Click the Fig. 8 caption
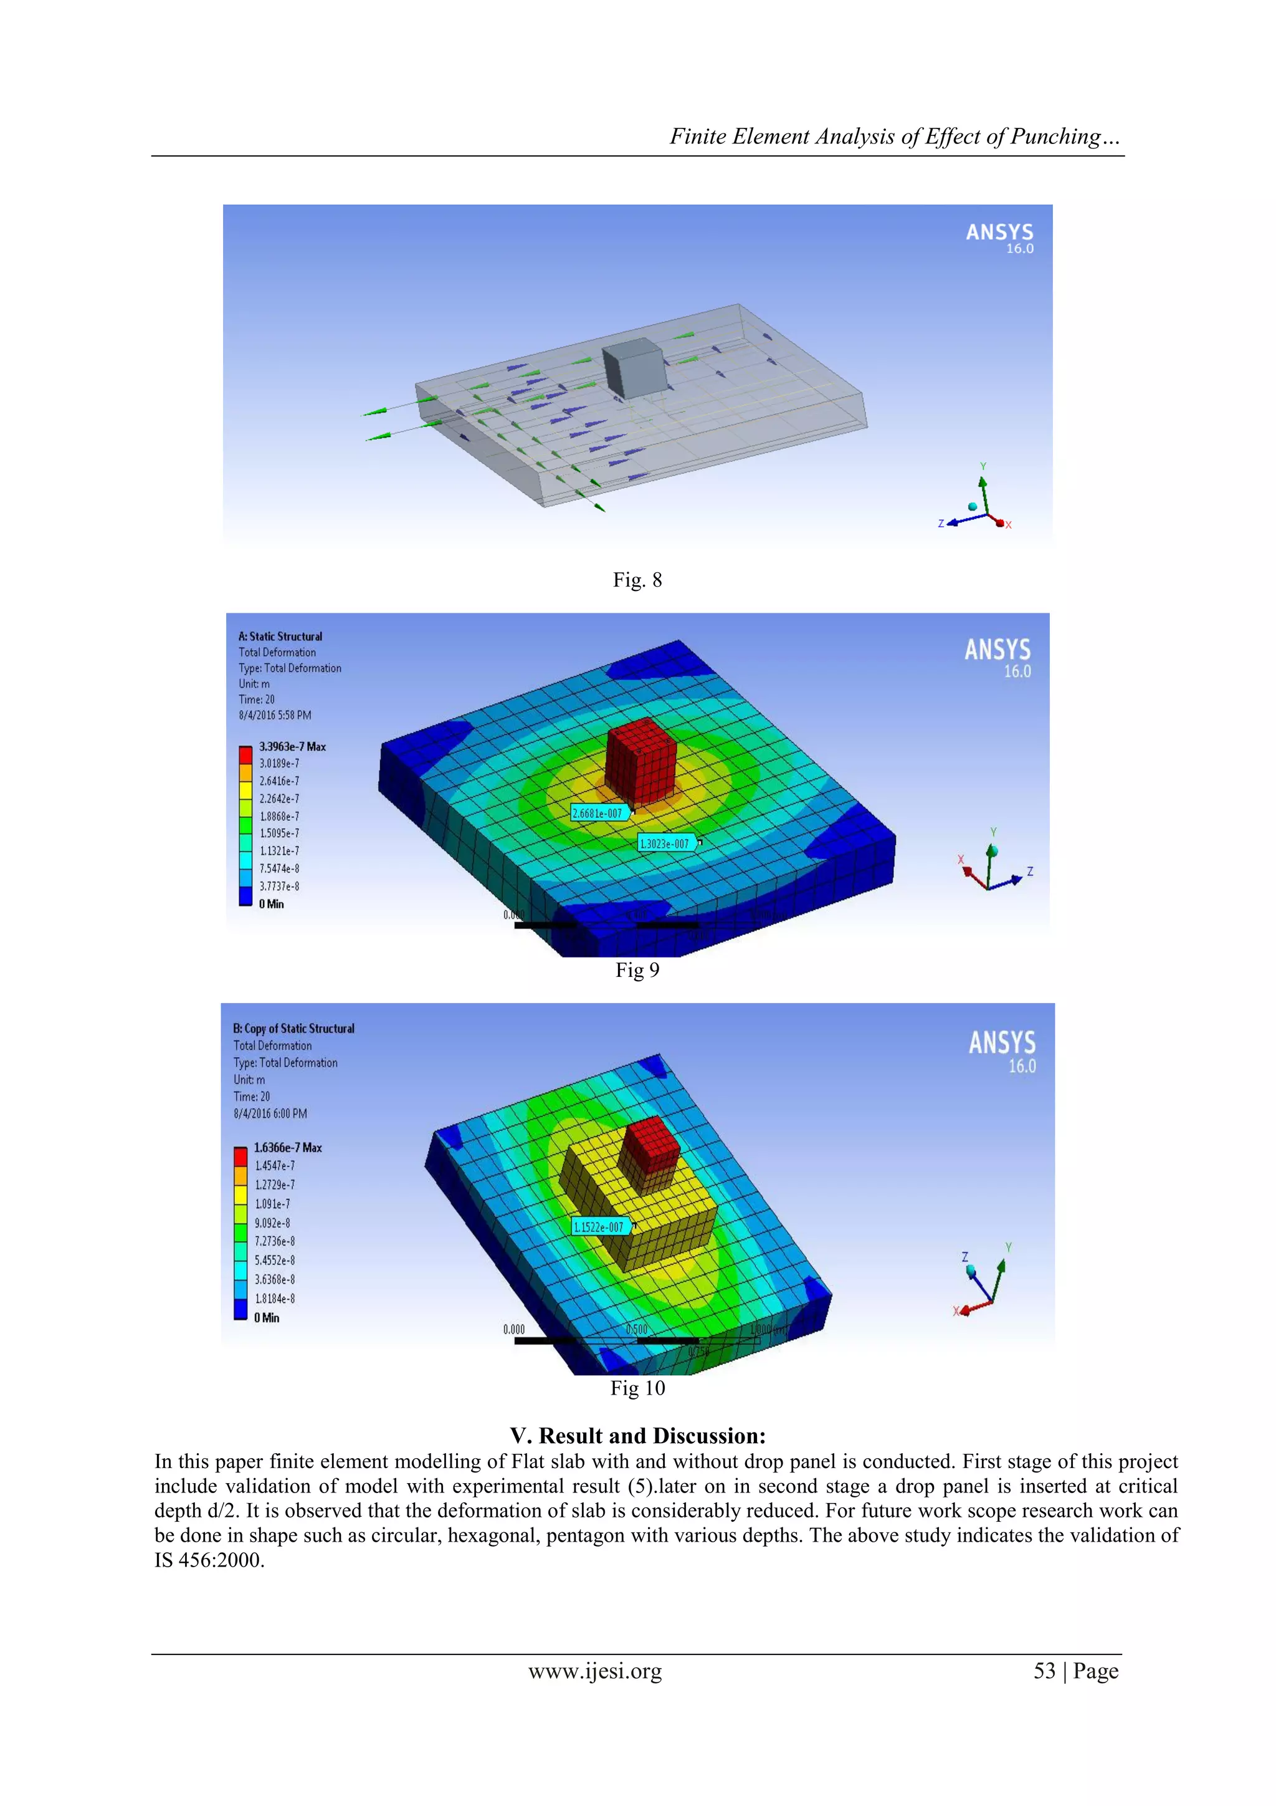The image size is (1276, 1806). coord(637,580)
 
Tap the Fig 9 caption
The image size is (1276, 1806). coord(637,970)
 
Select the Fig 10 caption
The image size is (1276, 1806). coord(637,1388)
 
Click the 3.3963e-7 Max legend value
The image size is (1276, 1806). coord(292,746)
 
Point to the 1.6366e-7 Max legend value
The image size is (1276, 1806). coord(288,1148)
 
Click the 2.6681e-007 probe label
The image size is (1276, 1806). coord(598,814)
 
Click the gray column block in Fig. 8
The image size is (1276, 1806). coord(634,368)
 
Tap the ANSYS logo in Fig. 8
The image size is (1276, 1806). coord(999,237)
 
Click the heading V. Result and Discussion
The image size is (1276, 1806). coord(637,1436)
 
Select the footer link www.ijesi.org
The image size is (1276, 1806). coord(595,1671)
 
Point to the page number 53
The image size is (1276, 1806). coord(1044,1671)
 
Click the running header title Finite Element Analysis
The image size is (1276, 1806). coord(894,137)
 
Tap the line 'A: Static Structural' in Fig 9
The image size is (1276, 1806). coord(280,636)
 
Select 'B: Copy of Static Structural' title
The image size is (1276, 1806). coord(294,1028)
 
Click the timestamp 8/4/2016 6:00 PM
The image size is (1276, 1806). coord(270,1114)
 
